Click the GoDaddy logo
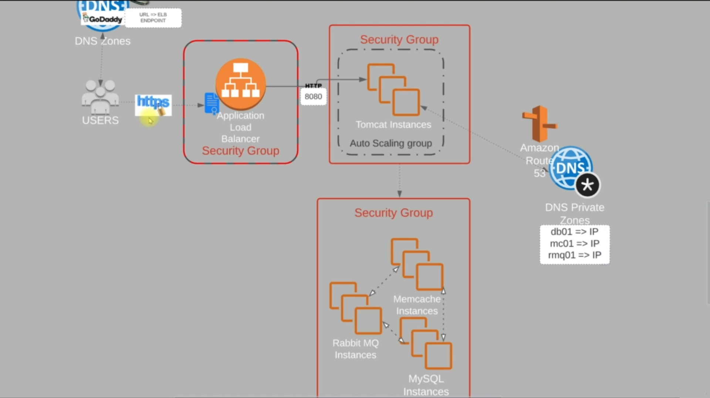(102, 19)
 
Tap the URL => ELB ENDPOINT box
(153, 18)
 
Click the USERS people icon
(100, 97)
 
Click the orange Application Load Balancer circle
(241, 84)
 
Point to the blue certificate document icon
(212, 103)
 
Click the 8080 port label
(313, 97)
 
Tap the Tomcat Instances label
(393, 125)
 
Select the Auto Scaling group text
(391, 143)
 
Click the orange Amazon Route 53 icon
(540, 124)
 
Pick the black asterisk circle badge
(588, 185)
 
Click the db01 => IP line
(574, 232)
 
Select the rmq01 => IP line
(574, 255)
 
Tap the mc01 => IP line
(574, 244)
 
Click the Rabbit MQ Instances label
(355, 349)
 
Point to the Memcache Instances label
(417, 305)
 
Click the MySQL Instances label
(426, 385)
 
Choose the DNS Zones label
(102, 41)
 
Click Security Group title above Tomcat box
(399, 40)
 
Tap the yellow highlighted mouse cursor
(149, 119)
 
